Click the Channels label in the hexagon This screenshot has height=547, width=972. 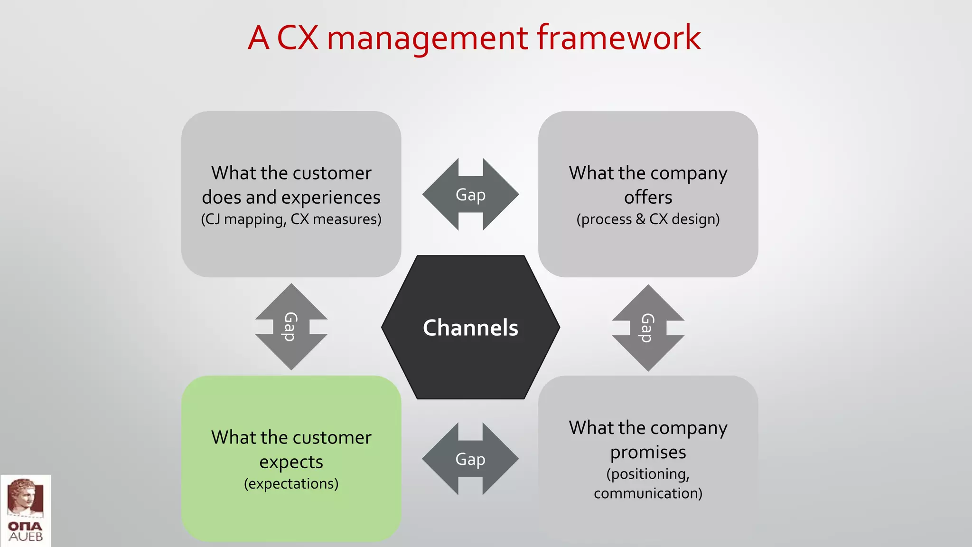tap(470, 328)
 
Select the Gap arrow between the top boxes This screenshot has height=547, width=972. tap(470, 195)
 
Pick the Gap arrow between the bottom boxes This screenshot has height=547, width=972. tap(470, 459)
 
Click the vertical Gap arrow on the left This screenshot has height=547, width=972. tap(291, 327)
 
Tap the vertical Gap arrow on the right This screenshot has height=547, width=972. tap(648, 328)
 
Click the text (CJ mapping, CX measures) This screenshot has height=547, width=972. tap(291, 219)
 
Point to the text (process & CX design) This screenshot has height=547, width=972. tap(648, 219)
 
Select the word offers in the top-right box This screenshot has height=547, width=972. tap(648, 197)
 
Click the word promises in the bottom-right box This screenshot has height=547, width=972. tap(648, 452)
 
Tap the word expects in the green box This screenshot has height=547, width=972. tap(291, 462)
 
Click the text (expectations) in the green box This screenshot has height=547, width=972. tap(291, 484)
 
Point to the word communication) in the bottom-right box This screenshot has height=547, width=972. tap(648, 493)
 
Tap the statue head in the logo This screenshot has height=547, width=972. tap(25, 496)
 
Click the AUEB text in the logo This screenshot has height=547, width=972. tap(26, 537)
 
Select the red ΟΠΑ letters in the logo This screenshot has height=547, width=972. tap(25, 526)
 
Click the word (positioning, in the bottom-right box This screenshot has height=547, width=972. tap(648, 474)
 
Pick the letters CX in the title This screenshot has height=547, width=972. tap(297, 38)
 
